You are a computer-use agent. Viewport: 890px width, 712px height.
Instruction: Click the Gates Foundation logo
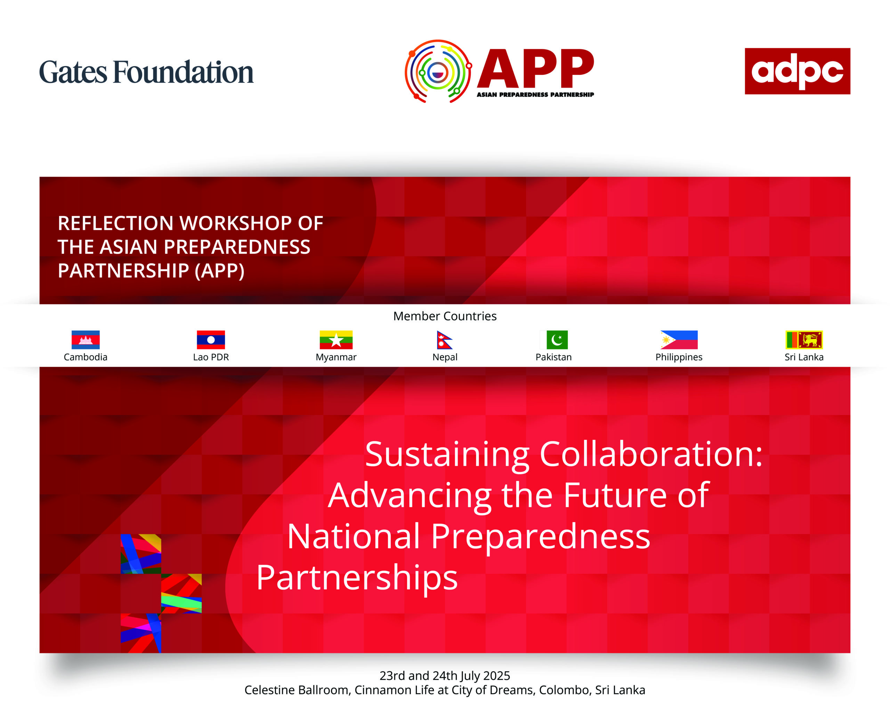(146, 72)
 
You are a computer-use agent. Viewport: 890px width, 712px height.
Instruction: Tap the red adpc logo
(797, 71)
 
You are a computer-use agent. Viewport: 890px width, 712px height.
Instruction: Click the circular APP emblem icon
(438, 71)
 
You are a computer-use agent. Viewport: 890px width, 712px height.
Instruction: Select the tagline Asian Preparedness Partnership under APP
(535, 95)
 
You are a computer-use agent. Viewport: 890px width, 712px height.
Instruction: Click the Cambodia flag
(86, 340)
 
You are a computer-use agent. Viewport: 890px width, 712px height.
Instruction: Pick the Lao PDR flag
(211, 340)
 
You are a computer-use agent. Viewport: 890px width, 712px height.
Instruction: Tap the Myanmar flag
(336, 340)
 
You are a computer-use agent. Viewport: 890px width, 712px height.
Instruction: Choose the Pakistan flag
(554, 340)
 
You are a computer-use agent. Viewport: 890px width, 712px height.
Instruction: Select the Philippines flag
(679, 340)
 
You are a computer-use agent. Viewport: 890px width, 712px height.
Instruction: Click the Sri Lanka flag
(804, 340)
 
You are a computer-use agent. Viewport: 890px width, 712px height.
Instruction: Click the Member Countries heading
(445, 316)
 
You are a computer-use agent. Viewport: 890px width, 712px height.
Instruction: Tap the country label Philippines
(679, 357)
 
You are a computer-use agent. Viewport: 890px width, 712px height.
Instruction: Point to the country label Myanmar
(336, 357)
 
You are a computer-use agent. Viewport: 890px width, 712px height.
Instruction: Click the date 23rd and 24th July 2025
(445, 676)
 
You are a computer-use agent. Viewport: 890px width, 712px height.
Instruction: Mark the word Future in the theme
(615, 495)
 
